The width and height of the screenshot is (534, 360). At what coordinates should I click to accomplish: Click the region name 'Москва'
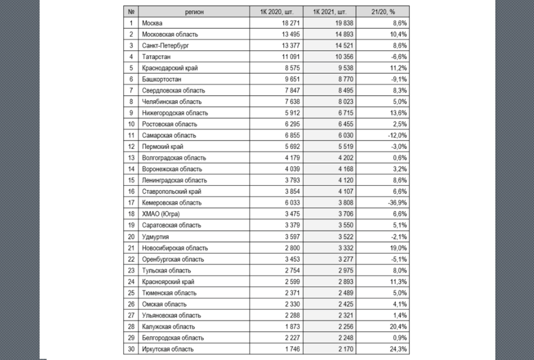pos(152,23)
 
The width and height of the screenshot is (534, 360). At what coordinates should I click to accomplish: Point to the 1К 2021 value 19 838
pos(343,23)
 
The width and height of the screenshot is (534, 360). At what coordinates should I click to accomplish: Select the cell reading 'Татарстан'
pos(156,57)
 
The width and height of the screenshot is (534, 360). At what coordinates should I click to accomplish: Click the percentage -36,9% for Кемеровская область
pos(396,203)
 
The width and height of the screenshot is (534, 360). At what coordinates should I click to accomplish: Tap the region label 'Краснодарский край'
pos(169,68)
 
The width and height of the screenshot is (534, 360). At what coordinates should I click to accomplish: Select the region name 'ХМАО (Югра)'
pos(160,214)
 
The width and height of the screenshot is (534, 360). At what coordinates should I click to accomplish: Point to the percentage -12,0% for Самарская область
pos(396,136)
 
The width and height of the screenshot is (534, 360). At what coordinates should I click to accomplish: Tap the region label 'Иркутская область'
pos(167,349)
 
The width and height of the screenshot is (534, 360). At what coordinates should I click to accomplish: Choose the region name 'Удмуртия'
pos(154,236)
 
